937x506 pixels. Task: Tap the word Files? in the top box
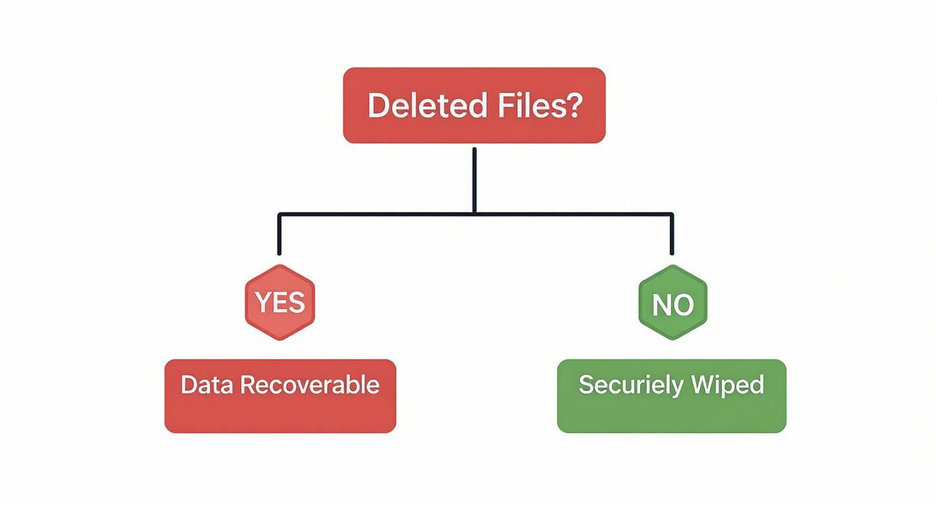point(539,106)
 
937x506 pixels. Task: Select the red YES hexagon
point(280,302)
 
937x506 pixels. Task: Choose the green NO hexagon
point(672,302)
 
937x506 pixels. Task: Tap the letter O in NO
point(683,305)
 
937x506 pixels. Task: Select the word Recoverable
point(310,386)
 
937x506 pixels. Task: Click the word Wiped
point(731,386)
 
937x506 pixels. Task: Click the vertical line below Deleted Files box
point(475,178)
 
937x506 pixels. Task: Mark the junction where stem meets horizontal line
point(475,214)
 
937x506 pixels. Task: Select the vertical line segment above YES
point(279,236)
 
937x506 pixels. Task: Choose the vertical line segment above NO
point(672,236)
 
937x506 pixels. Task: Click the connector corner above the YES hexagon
point(279,215)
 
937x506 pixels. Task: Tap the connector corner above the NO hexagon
point(672,215)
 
